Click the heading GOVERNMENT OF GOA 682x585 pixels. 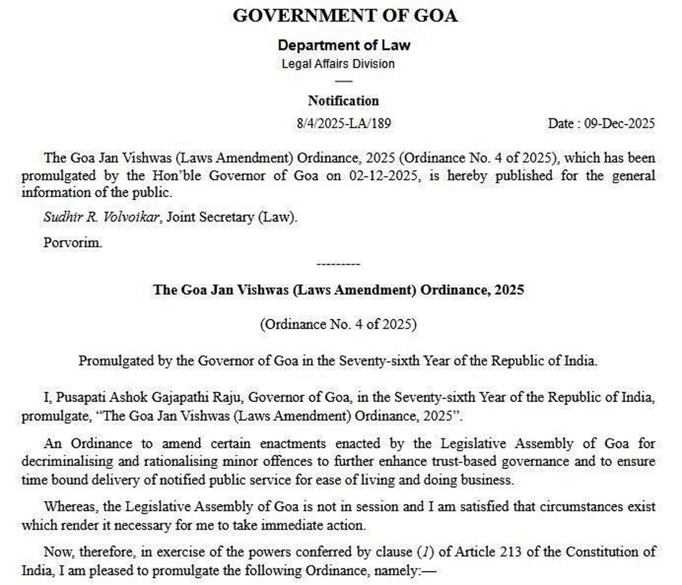[x=344, y=16]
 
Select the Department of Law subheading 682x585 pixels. [x=344, y=45]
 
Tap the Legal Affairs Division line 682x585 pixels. [x=338, y=63]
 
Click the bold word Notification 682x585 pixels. [x=343, y=101]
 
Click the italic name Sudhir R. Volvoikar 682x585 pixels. [x=103, y=217]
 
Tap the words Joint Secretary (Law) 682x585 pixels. [x=232, y=217]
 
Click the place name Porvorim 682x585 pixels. [x=72, y=242]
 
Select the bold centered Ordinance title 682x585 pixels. [x=338, y=290]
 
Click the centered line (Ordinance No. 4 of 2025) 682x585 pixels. [x=338, y=324]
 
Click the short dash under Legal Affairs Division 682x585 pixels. [x=344, y=81]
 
